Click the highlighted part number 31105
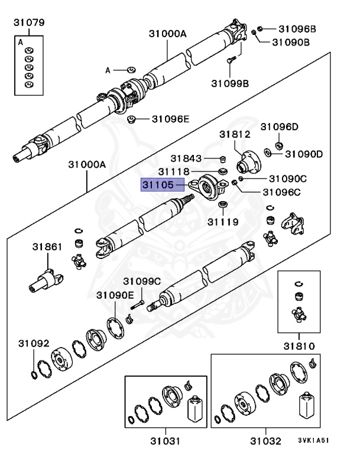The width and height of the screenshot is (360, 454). pos(158,185)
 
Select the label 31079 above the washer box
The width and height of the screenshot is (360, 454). pos(30,23)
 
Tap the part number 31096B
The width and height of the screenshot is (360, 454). pos(297,28)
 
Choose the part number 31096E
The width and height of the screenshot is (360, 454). pos(170,119)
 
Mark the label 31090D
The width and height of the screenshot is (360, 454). pos(304,154)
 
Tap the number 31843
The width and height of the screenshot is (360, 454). pos(187,158)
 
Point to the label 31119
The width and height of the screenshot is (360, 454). pos(223,222)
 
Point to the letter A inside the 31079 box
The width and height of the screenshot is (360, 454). pos(21,43)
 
